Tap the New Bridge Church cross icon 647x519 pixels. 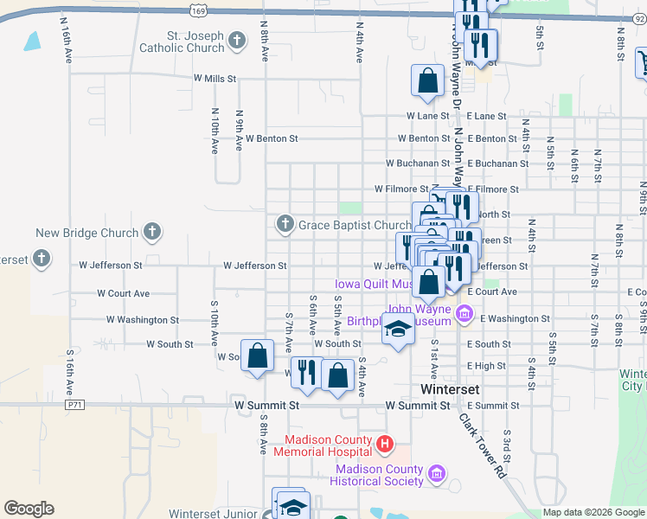151,232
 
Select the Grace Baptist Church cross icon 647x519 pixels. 284,225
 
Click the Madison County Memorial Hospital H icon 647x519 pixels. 385,445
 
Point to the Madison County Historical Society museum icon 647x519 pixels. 437,473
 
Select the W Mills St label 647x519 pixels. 215,79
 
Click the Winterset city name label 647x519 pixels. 450,389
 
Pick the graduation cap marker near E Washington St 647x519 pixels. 398,329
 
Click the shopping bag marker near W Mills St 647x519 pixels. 427,80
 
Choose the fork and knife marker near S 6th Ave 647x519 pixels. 307,373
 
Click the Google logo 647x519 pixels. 29,509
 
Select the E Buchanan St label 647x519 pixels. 497,163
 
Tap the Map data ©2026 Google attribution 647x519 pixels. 593,513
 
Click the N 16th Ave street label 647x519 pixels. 67,39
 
